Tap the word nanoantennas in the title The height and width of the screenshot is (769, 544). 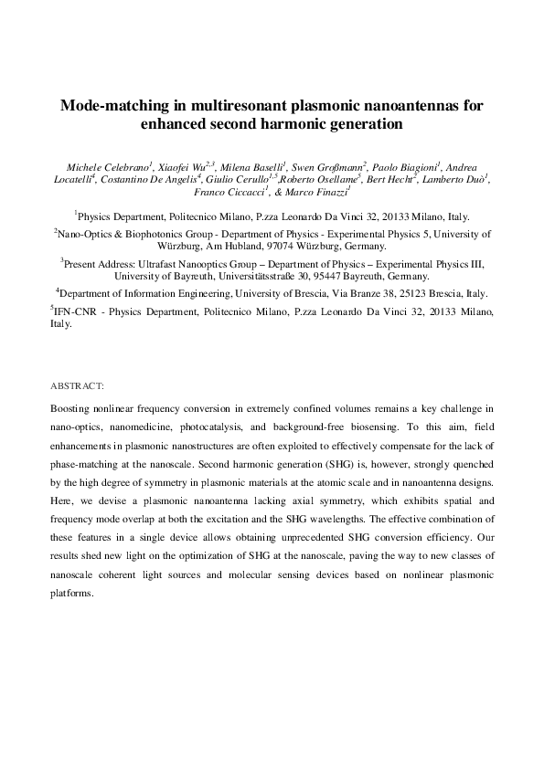410,106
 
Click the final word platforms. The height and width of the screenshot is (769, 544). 71,594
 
